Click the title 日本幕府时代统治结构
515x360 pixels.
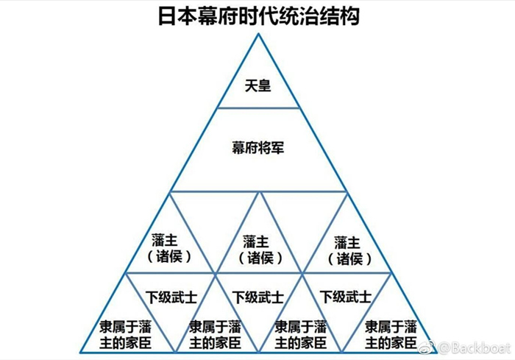click(x=258, y=15)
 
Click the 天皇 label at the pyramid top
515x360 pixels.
click(x=257, y=86)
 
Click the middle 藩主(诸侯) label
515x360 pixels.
click(x=257, y=249)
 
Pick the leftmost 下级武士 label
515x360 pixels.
click(x=171, y=297)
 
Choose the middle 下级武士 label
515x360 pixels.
click(x=258, y=297)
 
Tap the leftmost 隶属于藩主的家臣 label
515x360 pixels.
click(x=126, y=333)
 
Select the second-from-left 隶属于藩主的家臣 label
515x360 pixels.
click(x=214, y=333)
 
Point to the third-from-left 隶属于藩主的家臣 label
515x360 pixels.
click(x=301, y=333)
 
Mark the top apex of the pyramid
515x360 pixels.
click(x=257, y=35)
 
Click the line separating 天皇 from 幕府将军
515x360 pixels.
click(x=257, y=107)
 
